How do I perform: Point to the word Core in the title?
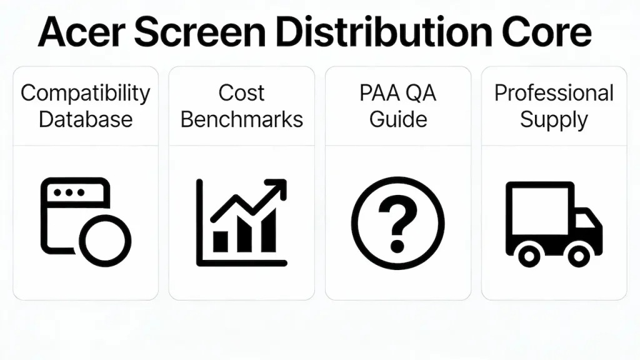pyautogui.click(x=550, y=32)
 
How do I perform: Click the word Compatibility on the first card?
pyautogui.click(x=86, y=94)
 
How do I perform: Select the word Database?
pyautogui.click(x=86, y=119)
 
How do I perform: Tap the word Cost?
pyautogui.click(x=241, y=93)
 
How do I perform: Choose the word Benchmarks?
pyautogui.click(x=241, y=119)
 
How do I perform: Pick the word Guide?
pyautogui.click(x=397, y=119)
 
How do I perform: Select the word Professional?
pyautogui.click(x=554, y=93)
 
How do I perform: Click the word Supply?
pyautogui.click(x=554, y=119)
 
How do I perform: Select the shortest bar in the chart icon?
pyautogui.click(x=221, y=241)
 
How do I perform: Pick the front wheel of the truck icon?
pyautogui.click(x=578, y=255)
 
